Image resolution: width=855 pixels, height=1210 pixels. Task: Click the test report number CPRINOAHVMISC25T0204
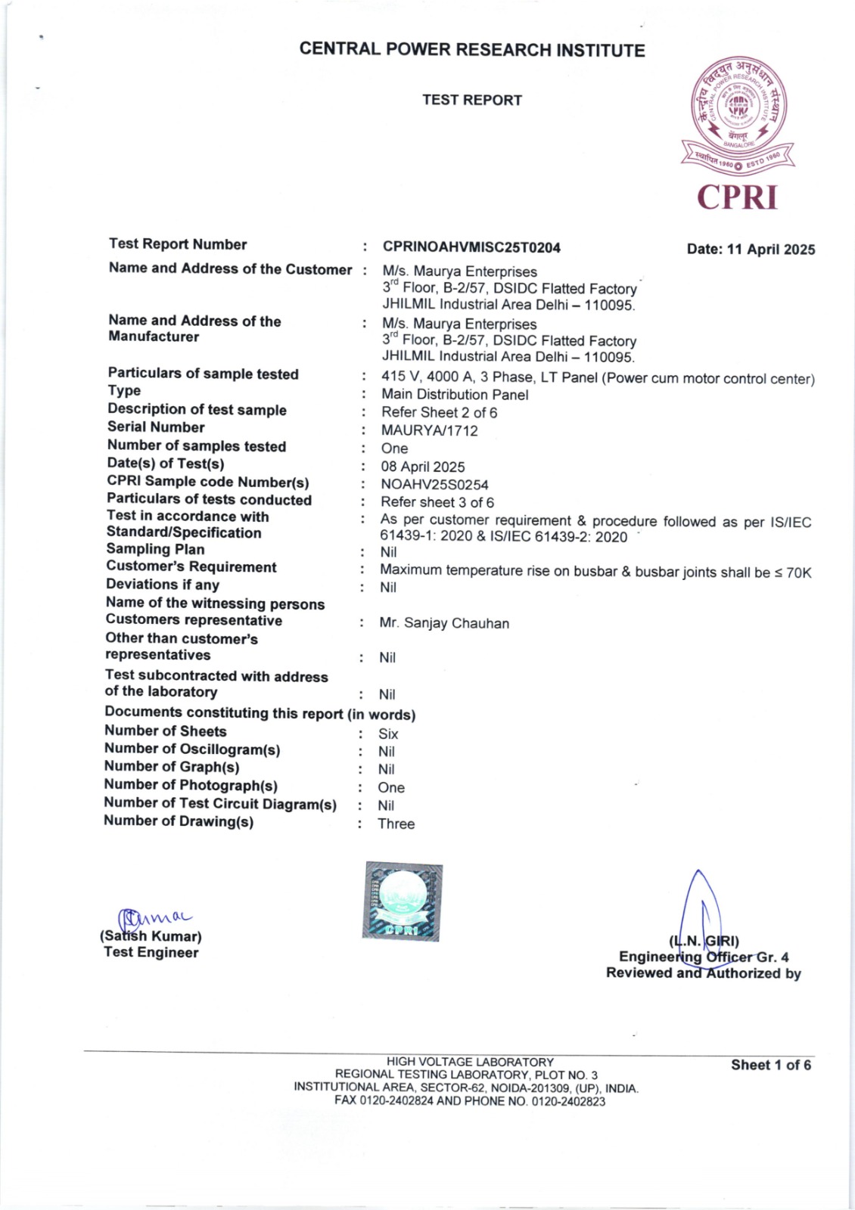471,247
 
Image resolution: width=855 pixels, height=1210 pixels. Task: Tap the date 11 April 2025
751,250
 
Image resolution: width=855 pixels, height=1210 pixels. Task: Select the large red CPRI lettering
737,197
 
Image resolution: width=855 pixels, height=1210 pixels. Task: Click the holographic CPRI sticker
403,901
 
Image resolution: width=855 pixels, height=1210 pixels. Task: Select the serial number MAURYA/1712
429,430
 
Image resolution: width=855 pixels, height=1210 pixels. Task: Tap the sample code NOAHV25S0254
434,485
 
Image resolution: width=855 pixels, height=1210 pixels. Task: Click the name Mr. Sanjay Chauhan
444,623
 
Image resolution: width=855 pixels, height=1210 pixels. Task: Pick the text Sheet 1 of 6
770,1065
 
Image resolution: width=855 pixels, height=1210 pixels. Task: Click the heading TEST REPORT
472,100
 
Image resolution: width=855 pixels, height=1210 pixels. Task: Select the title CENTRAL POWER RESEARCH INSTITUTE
472,50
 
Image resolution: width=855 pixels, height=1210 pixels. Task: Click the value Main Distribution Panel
455,394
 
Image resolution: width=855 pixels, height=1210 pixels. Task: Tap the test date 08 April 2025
422,467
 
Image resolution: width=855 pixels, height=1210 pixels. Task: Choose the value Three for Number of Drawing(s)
396,824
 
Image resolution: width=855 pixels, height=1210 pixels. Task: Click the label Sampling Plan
155,549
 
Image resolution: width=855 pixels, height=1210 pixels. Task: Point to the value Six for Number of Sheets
388,734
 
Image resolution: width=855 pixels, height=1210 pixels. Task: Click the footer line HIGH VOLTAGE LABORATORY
470,1062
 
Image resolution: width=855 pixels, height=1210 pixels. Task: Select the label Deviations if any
163,585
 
